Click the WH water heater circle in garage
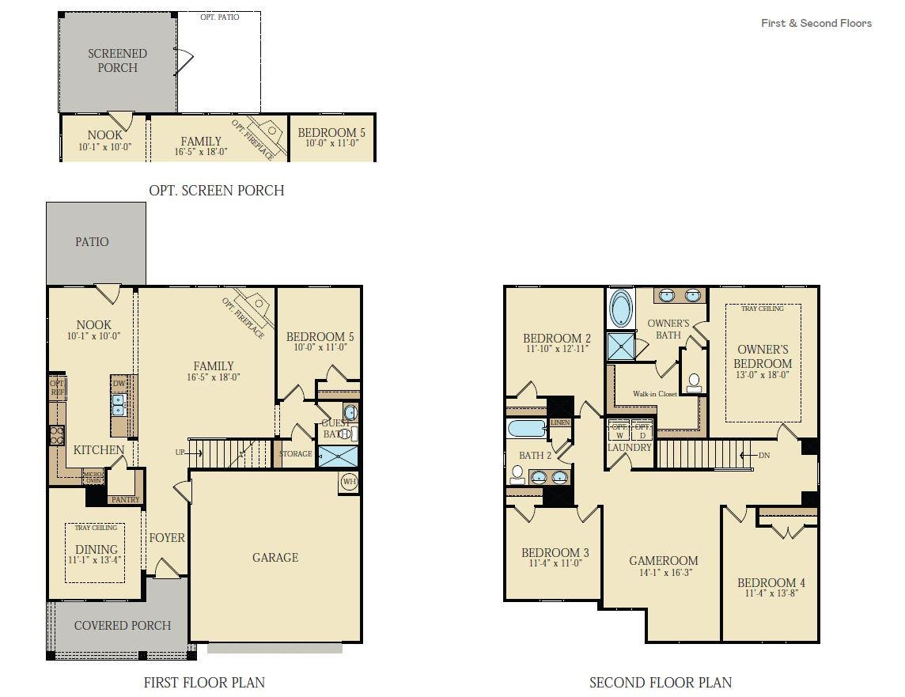349,481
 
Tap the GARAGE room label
275,558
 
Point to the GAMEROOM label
663,561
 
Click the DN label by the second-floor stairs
763,456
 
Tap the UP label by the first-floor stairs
180,453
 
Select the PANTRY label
125,499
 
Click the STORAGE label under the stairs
296,454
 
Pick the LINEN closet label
560,423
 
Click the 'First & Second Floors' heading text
816,23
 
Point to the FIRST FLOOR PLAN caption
204,682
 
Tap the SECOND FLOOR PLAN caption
661,682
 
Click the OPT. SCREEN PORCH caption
216,191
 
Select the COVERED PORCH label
123,626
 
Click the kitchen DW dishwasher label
119,383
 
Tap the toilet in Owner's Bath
694,383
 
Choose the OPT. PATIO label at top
219,17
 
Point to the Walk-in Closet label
654,394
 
